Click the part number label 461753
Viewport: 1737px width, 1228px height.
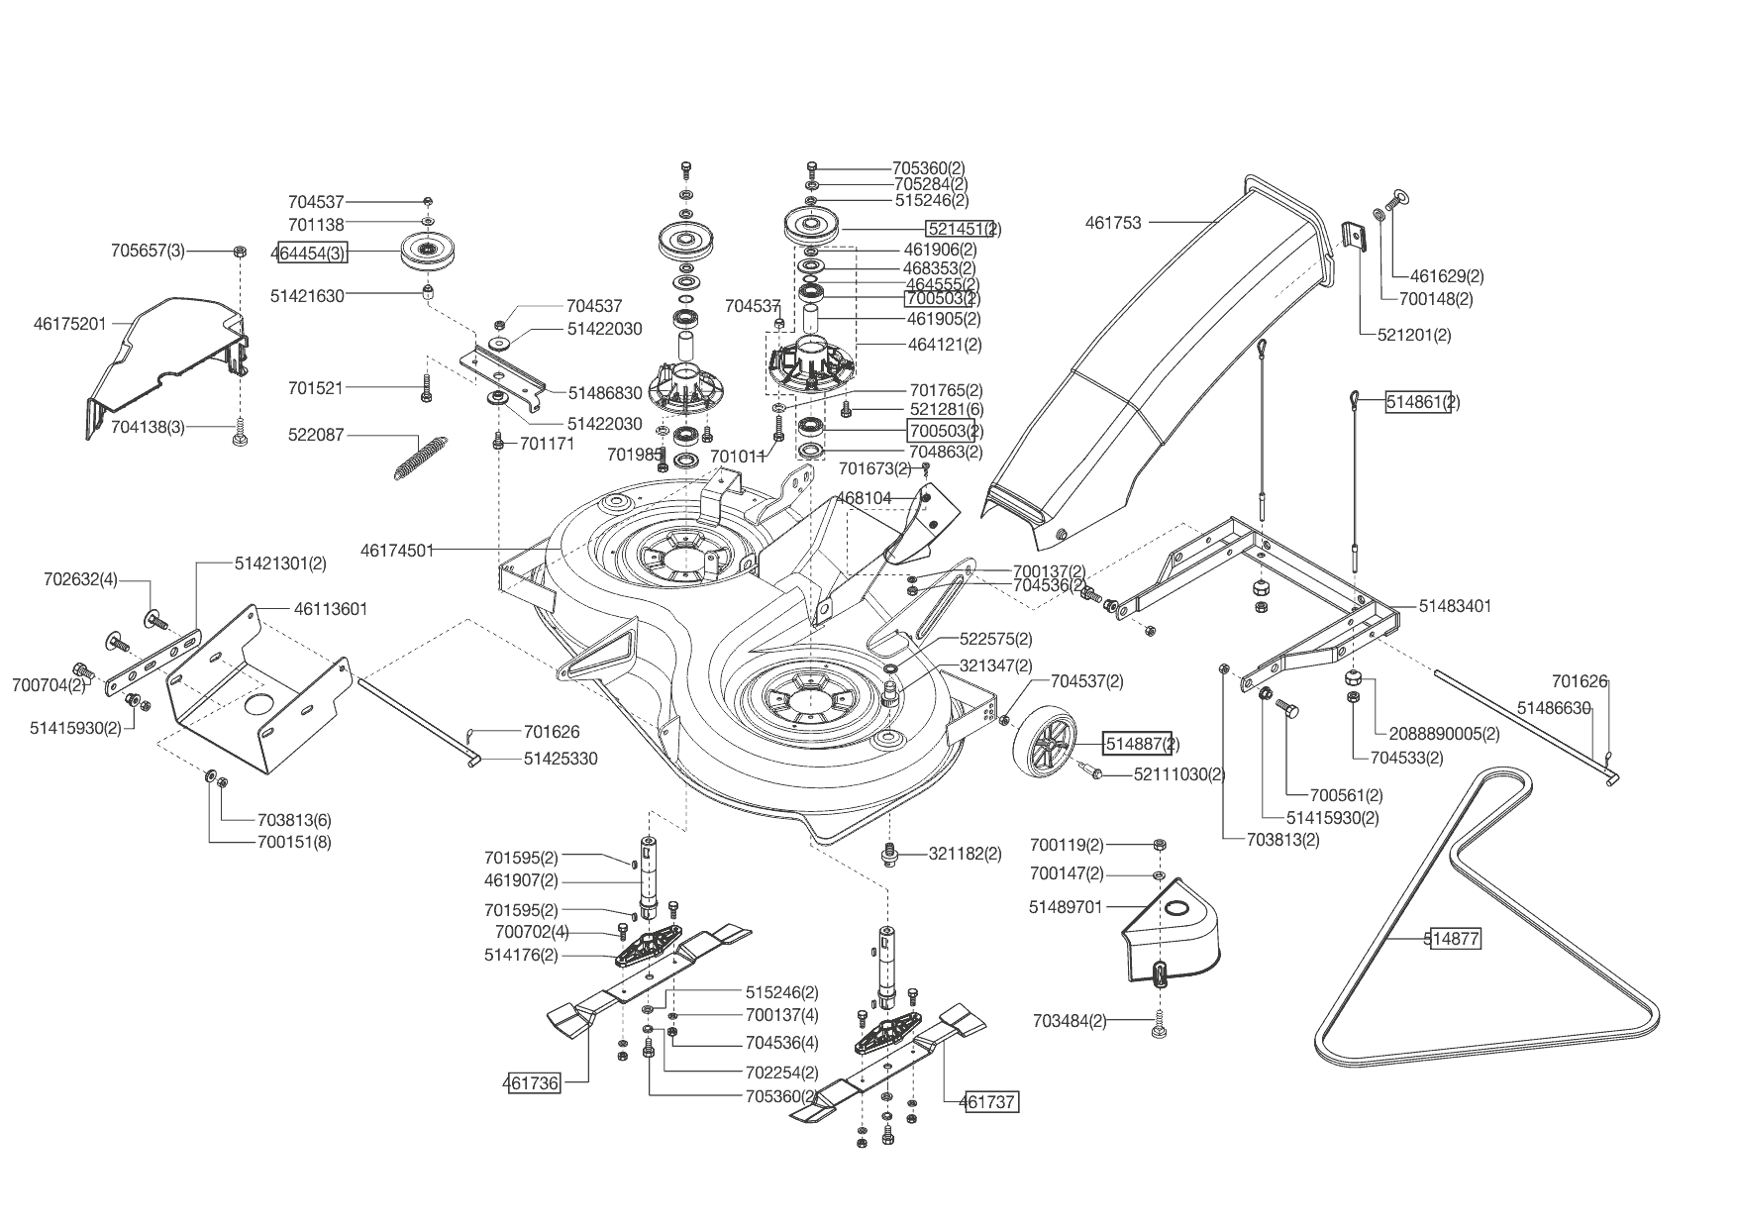1113,223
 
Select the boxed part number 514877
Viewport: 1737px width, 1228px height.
1455,939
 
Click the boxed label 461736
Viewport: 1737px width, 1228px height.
532,1083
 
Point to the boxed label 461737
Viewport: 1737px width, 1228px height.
989,1101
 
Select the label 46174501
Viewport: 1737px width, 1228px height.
397,550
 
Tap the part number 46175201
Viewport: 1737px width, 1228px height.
69,323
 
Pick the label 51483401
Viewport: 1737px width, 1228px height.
1455,606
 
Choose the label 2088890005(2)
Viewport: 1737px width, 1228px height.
1445,734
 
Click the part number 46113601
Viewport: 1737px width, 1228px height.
331,609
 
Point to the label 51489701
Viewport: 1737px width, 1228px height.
1066,907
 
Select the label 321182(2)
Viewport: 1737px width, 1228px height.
965,854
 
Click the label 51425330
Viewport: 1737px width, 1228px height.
561,759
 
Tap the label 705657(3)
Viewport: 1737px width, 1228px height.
148,251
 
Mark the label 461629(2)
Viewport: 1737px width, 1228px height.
1447,276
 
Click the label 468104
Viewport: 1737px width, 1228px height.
865,497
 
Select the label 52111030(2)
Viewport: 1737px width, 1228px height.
1179,774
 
